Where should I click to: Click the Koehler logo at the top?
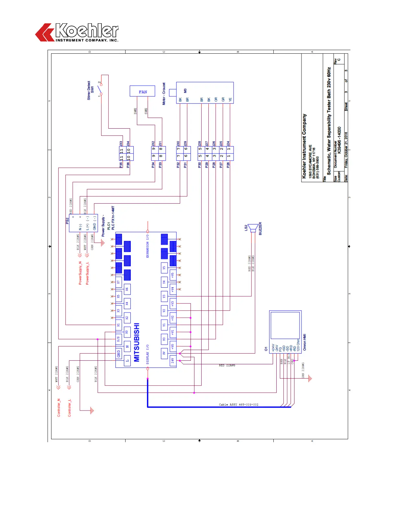(x=77, y=32)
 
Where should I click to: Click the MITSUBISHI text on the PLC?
(x=137, y=342)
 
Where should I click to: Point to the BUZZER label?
(x=260, y=229)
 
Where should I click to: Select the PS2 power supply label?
(x=67, y=221)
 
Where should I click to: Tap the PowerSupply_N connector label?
(x=80, y=273)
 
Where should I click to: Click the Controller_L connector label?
(x=69, y=408)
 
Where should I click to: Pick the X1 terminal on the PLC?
(x=118, y=325)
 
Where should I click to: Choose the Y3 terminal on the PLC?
(x=164, y=296)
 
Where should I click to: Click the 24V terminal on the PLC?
(x=173, y=360)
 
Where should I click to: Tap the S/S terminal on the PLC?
(x=118, y=339)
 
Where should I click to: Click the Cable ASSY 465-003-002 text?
(x=239, y=404)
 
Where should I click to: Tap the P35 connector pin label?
(x=121, y=164)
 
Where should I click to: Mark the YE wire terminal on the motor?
(x=230, y=100)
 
